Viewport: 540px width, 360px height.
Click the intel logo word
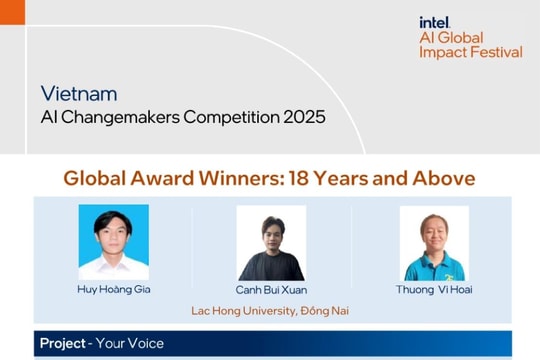pos(434,21)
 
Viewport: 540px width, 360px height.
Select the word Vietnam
pos(79,94)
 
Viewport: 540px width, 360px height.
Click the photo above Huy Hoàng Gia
pos(114,242)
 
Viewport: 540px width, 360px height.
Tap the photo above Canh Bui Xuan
pos(271,243)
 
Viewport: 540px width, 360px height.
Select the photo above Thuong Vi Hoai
pos(434,243)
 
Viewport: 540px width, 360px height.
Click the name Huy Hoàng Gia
pos(114,290)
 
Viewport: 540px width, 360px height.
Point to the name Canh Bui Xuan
pos(271,290)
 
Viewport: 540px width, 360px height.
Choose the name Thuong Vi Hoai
pos(434,290)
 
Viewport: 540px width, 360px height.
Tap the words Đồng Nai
pos(325,311)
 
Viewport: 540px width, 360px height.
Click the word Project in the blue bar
pos(62,344)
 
